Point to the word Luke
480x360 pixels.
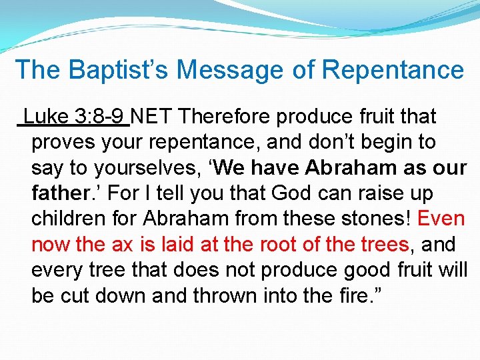coord(45,117)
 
